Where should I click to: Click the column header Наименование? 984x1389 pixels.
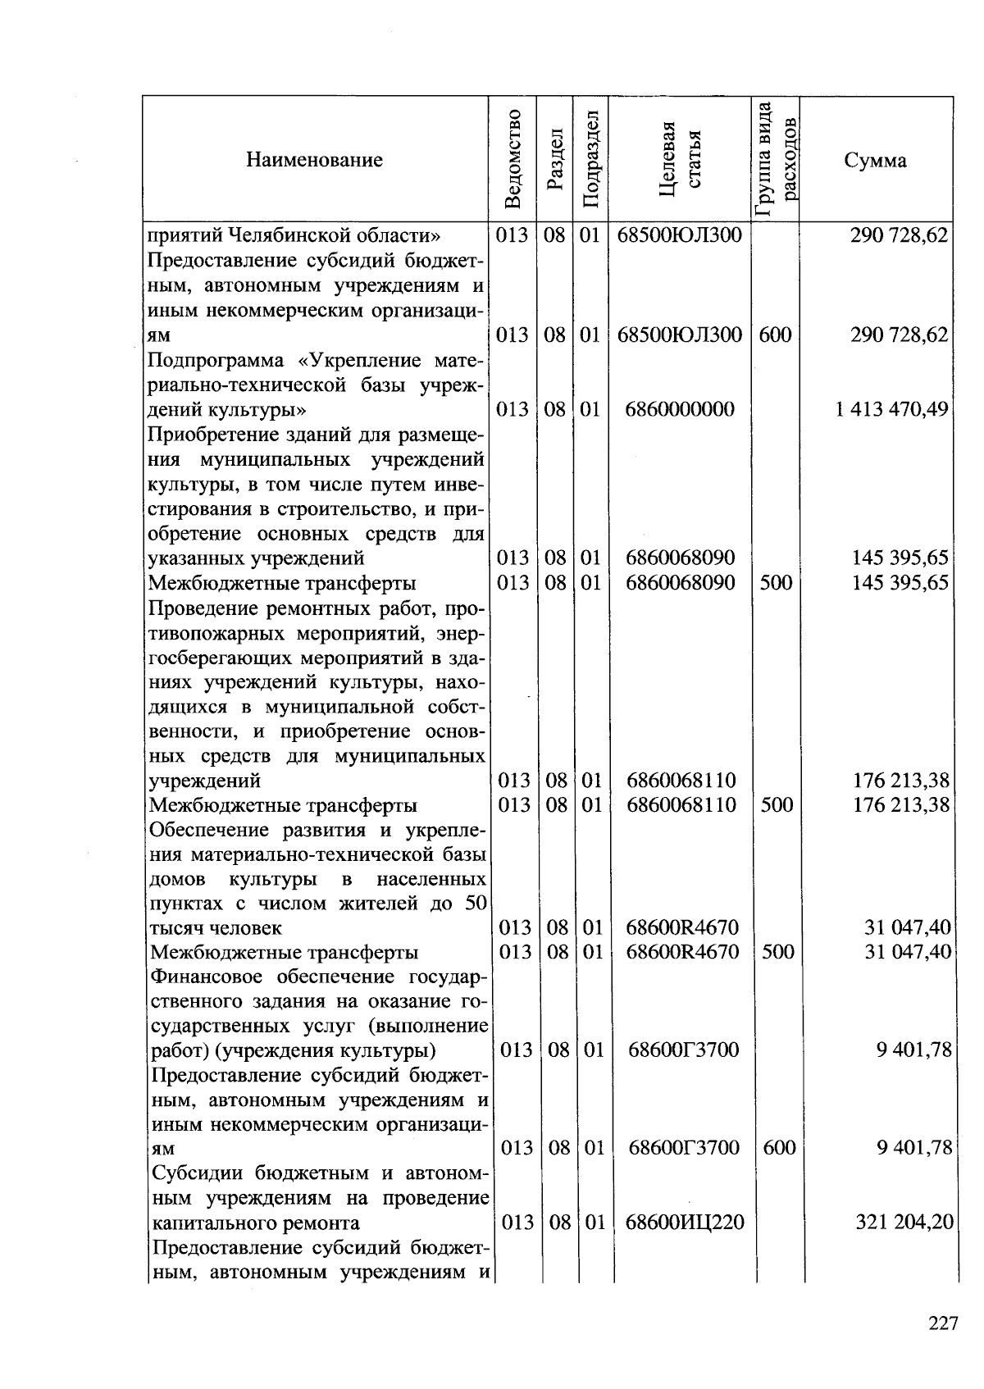(314, 160)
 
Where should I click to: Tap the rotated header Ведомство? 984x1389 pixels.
(512, 159)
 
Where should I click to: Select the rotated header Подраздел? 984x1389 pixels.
(590, 159)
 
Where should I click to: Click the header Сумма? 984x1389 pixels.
(876, 160)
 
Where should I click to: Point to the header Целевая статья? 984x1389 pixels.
(681, 159)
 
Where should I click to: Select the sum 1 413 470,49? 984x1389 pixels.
(892, 408)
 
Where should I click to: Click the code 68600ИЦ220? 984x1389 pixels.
(685, 1223)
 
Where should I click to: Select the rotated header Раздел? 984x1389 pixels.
(556, 159)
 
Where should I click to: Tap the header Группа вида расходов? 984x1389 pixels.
(776, 159)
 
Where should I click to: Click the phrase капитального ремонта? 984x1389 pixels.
(256, 1223)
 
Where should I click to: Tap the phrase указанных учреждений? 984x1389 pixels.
(256, 558)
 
